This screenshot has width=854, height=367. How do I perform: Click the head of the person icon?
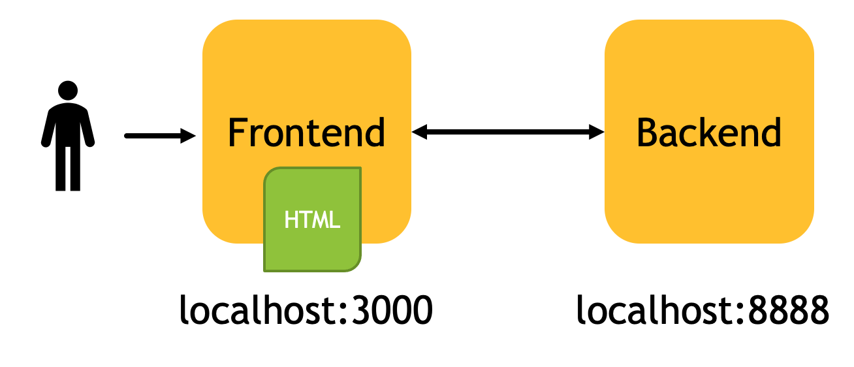[x=68, y=91]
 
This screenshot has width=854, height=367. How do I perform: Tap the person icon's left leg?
[x=60, y=168]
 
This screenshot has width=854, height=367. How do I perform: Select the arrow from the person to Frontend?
[x=160, y=136]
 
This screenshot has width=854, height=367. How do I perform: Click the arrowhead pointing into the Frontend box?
[x=188, y=136]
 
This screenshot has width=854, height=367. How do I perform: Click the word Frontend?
[x=306, y=133]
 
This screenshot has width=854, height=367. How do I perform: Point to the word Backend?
[x=709, y=133]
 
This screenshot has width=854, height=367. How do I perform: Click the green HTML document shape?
[x=312, y=219]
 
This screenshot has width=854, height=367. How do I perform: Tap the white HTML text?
[x=312, y=219]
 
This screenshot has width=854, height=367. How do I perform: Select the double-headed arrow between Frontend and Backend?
[x=508, y=132]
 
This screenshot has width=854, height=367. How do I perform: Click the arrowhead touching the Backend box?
[x=597, y=132]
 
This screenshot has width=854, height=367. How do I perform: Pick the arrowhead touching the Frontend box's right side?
[x=420, y=132]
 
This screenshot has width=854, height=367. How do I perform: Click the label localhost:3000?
[x=306, y=310]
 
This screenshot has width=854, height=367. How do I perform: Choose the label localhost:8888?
[x=703, y=310]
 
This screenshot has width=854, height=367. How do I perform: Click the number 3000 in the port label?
[x=392, y=310]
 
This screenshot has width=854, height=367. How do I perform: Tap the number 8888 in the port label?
[x=789, y=310]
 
